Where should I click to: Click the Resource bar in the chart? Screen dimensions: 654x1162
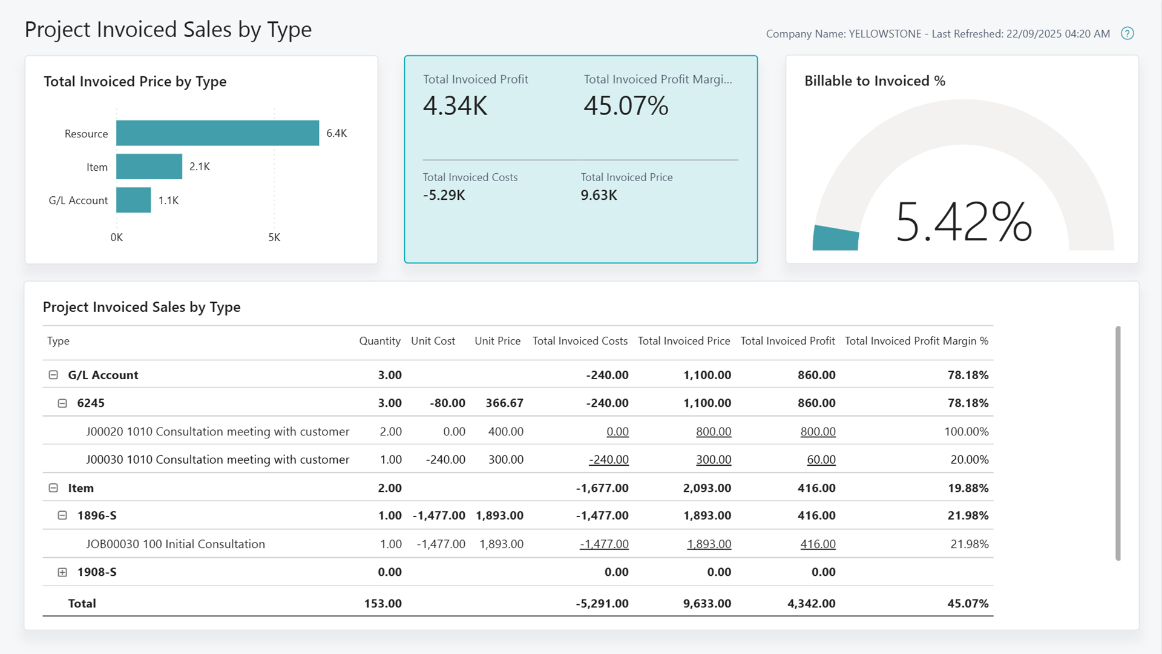[217, 133]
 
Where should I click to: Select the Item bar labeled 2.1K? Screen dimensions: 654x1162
[149, 167]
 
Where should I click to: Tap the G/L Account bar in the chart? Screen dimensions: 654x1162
[133, 200]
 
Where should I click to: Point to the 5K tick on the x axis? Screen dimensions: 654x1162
[274, 237]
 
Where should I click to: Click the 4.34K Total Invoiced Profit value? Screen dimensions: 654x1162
[455, 106]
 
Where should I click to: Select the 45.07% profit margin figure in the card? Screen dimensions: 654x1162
[626, 106]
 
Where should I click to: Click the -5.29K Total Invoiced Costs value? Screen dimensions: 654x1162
[444, 195]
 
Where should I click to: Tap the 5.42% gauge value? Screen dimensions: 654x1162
[963, 222]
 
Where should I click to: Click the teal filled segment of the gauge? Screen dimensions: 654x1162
[836, 238]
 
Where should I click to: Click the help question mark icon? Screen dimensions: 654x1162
[1127, 33]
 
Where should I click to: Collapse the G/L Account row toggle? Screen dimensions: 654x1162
[53, 375]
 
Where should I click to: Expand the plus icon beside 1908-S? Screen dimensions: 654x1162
[62, 572]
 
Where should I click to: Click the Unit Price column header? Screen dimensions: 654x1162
[497, 341]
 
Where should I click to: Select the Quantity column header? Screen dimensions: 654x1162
[379, 341]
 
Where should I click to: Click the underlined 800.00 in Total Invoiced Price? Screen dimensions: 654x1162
[713, 432]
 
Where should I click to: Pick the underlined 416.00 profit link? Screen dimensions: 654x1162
[818, 544]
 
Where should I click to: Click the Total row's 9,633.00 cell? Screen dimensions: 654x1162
[707, 604]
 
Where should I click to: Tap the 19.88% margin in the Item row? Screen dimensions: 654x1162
[968, 488]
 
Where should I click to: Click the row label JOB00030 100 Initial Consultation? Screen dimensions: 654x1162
[176, 544]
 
